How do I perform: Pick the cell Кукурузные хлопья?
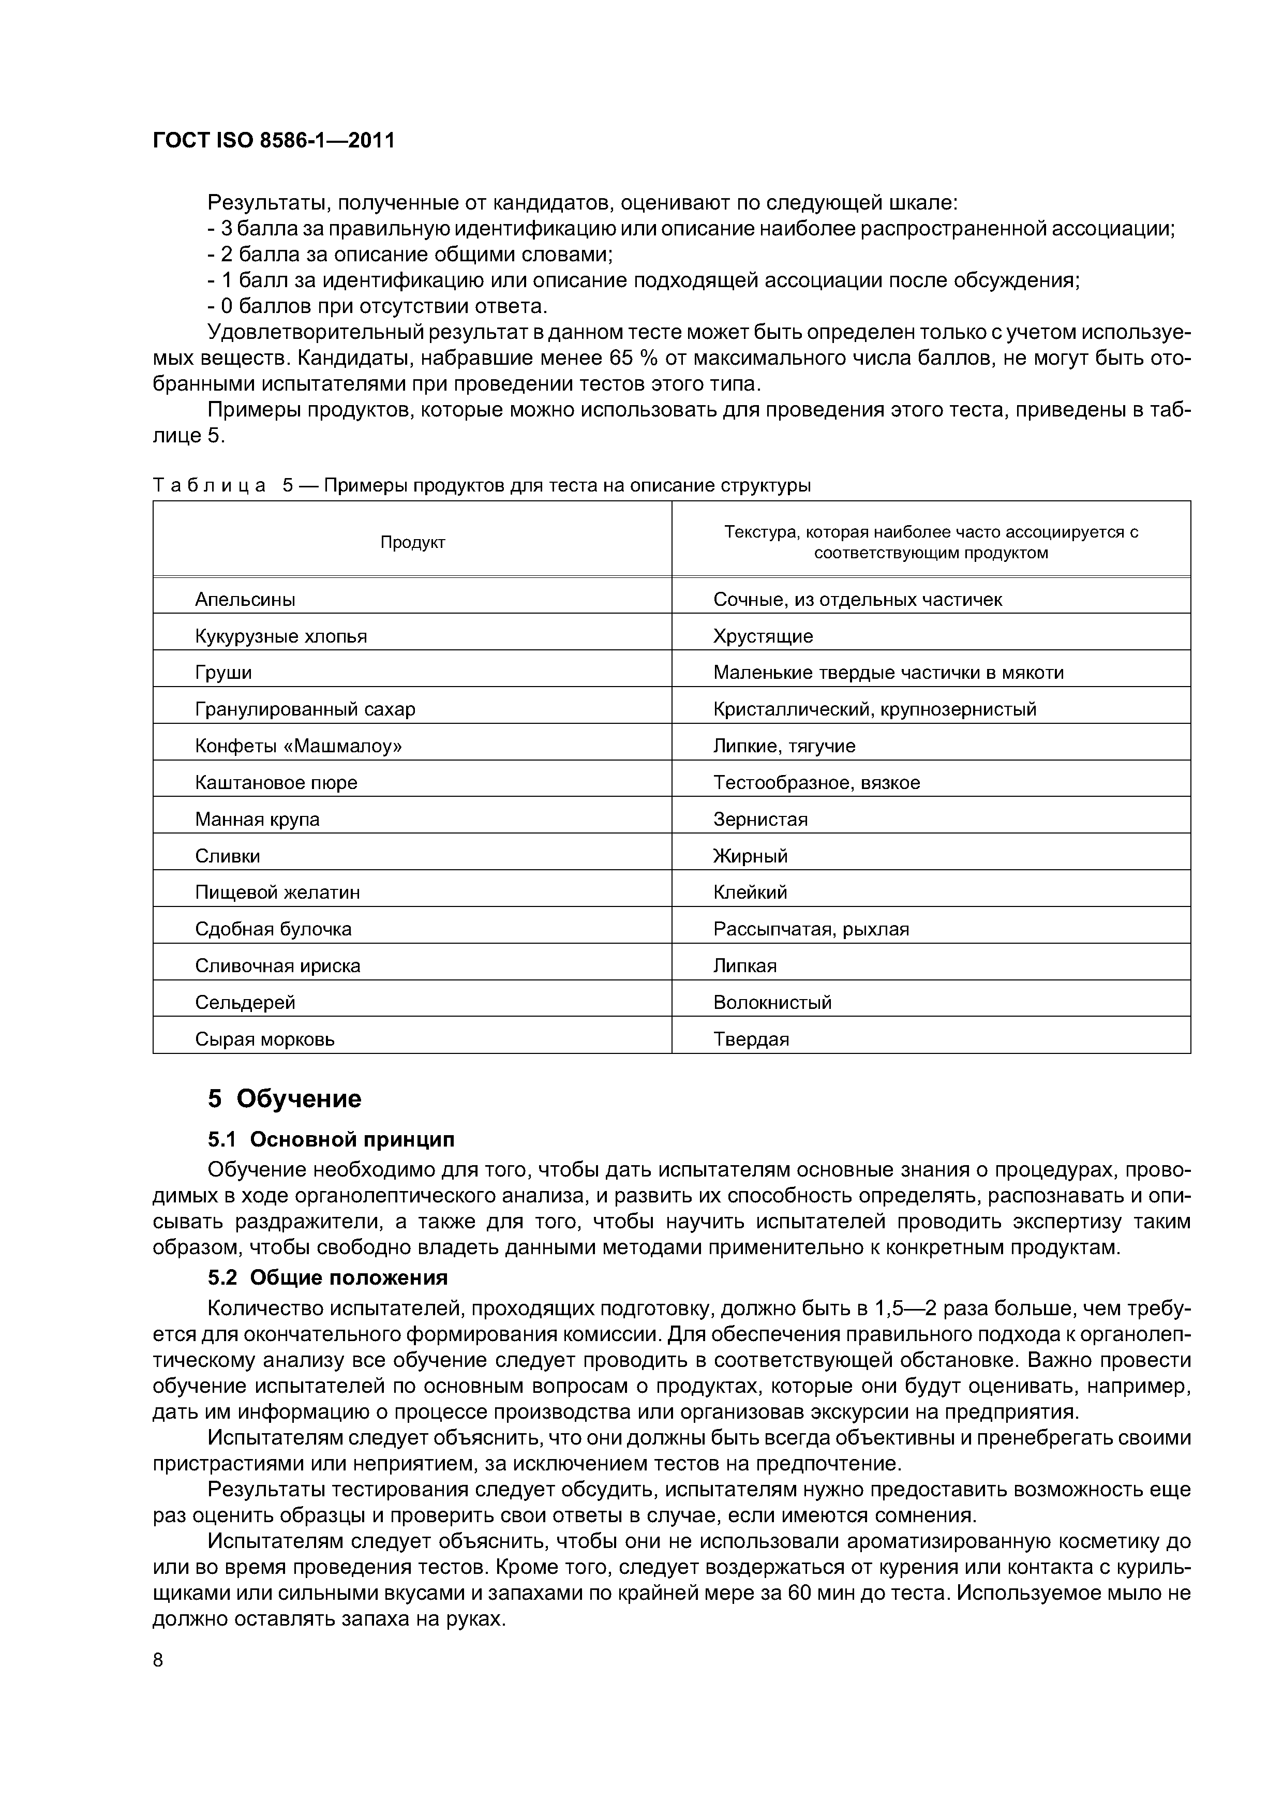pos(280,636)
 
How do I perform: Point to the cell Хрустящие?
pos(763,636)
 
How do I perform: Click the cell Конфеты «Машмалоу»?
pos(298,746)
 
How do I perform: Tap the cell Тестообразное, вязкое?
pos(816,783)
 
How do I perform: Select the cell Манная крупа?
pos(257,820)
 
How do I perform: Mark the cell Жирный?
pos(750,856)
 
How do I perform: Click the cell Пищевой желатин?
pos(277,892)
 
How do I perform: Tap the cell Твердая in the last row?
pos(751,1039)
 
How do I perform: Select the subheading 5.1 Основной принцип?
pos(331,1139)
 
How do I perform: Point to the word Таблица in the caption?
pos(210,485)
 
